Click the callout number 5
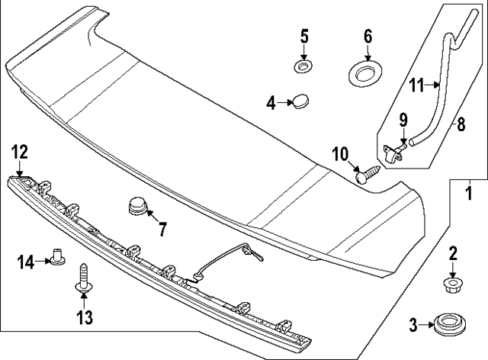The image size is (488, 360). [x=303, y=36]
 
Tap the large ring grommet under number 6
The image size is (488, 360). [x=368, y=75]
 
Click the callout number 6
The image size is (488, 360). [x=368, y=36]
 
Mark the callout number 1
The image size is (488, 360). [x=469, y=194]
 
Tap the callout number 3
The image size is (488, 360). [x=413, y=326]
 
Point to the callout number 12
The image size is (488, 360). [x=18, y=152]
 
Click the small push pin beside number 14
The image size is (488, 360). [x=56, y=259]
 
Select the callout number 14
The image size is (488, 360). [x=26, y=262]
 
